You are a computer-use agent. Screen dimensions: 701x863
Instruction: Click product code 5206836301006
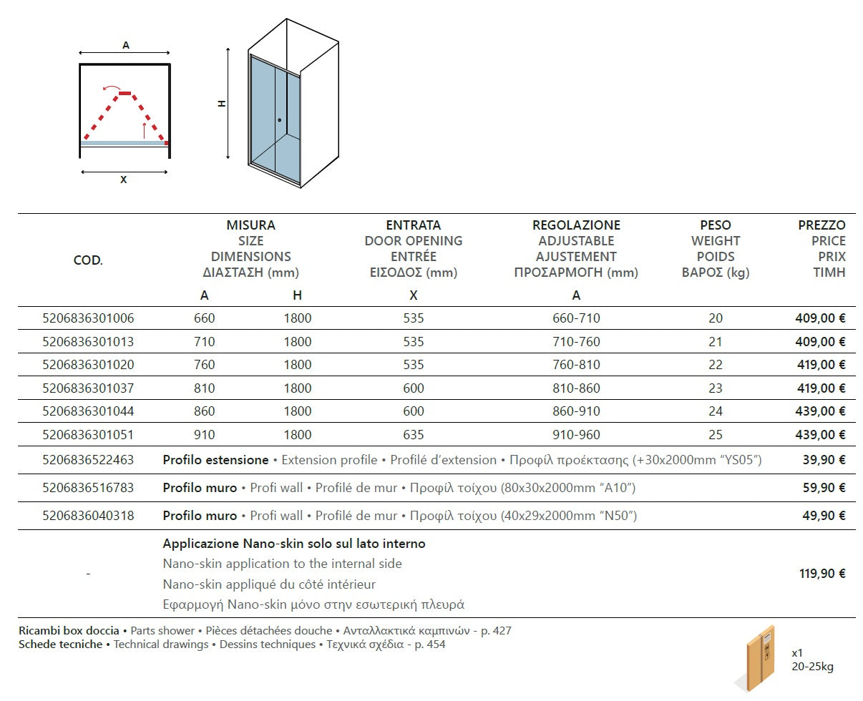tap(88, 318)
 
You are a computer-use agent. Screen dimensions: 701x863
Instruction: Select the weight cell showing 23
tap(716, 388)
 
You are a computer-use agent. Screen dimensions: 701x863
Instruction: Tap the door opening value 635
tap(413, 434)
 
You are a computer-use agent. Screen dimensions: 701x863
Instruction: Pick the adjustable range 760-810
tap(576, 365)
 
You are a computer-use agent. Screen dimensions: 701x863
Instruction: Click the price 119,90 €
tap(822, 573)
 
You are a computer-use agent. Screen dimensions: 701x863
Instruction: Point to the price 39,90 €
tap(825, 460)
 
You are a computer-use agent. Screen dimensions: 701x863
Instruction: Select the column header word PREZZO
tap(821, 225)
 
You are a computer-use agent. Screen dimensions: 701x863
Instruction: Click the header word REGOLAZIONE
tap(576, 225)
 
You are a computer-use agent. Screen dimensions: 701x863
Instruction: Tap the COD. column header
tap(88, 260)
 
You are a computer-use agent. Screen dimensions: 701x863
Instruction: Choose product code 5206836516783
tap(88, 488)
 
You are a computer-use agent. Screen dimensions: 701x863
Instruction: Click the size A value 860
tap(204, 411)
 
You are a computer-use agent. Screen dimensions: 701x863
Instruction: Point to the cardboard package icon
tap(759, 657)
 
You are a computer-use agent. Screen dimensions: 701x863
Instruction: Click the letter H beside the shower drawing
tap(222, 103)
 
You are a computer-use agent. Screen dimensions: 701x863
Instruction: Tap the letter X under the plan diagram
tap(124, 180)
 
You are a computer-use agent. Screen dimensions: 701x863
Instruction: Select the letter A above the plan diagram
tap(126, 45)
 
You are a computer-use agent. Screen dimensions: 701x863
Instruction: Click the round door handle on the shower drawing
tap(279, 120)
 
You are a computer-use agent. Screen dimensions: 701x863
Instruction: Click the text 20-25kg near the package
tap(812, 667)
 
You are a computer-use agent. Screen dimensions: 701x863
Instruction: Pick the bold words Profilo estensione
tap(215, 460)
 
